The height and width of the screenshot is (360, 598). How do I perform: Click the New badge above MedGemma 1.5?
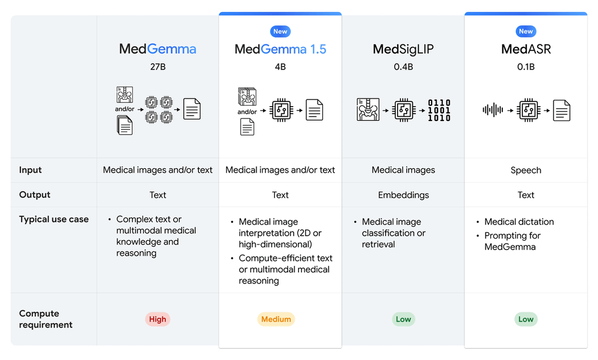click(x=280, y=31)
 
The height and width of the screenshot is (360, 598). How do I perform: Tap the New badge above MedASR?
click(x=526, y=31)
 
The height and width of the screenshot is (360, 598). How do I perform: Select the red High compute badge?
click(x=157, y=319)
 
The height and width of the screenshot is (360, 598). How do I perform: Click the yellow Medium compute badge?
click(x=276, y=319)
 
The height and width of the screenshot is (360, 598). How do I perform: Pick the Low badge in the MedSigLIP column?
click(x=403, y=319)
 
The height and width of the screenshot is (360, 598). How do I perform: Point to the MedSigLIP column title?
click(x=403, y=49)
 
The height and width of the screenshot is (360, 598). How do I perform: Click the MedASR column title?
click(x=526, y=49)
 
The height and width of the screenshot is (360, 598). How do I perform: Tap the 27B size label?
click(x=157, y=67)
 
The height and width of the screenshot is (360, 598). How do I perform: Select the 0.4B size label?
click(x=403, y=67)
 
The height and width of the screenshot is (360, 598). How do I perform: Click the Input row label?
click(x=30, y=170)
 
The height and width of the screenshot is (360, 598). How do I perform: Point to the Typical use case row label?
click(x=54, y=219)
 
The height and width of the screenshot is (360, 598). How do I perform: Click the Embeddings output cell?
click(x=403, y=195)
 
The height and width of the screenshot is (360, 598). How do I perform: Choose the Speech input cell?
click(x=526, y=170)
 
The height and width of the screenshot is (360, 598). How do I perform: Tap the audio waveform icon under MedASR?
click(x=493, y=110)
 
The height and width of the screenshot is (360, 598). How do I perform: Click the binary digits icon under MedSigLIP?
click(x=439, y=110)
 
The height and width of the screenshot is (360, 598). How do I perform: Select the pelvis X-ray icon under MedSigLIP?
click(x=368, y=110)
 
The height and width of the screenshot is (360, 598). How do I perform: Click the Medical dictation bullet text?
click(x=519, y=222)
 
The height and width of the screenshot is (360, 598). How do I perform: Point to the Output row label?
click(x=35, y=195)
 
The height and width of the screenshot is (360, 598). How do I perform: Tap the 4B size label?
click(x=280, y=67)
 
